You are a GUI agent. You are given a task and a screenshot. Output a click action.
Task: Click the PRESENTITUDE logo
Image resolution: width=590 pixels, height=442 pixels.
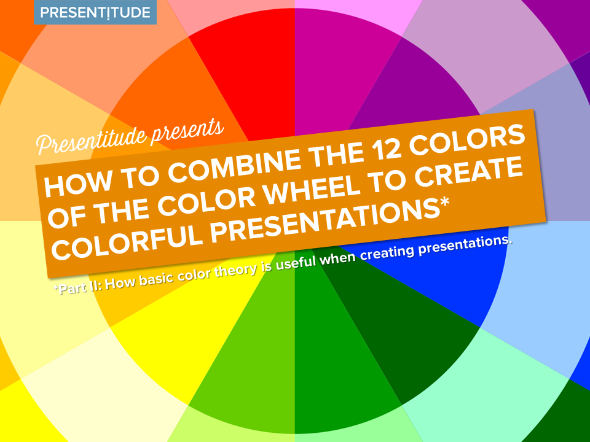click(95, 12)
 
